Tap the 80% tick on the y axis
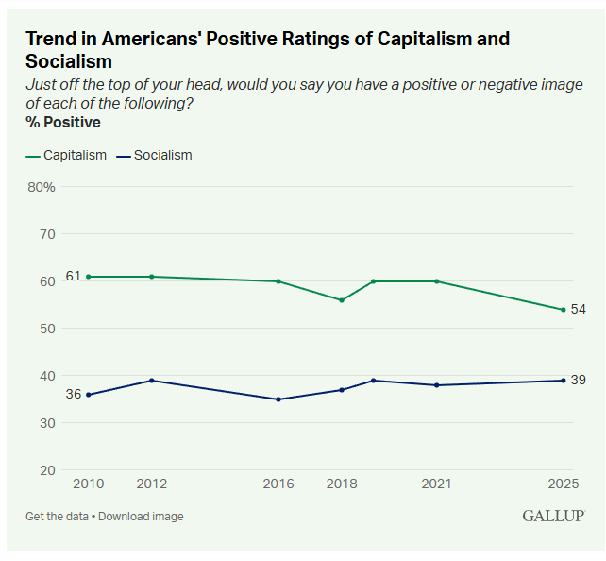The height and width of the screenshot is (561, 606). (x=41, y=187)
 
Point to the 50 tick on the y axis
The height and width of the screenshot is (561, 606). (x=47, y=329)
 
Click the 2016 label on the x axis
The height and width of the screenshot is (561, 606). (x=278, y=484)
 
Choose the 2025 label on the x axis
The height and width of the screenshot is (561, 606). (x=564, y=484)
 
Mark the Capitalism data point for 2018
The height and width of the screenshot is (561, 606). (x=342, y=300)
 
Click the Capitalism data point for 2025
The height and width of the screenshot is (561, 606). (x=564, y=310)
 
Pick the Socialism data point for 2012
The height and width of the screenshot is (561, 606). (x=151, y=381)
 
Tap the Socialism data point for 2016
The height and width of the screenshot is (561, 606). (x=278, y=399)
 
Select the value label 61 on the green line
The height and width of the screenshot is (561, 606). (x=73, y=276)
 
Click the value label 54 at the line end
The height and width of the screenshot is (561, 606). (x=578, y=310)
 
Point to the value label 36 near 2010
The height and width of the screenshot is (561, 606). (x=73, y=395)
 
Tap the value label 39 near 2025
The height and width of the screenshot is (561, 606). (x=578, y=380)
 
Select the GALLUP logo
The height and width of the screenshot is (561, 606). (x=553, y=516)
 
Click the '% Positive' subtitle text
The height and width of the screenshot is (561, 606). (x=63, y=122)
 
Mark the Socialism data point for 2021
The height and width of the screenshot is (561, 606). (x=436, y=385)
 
